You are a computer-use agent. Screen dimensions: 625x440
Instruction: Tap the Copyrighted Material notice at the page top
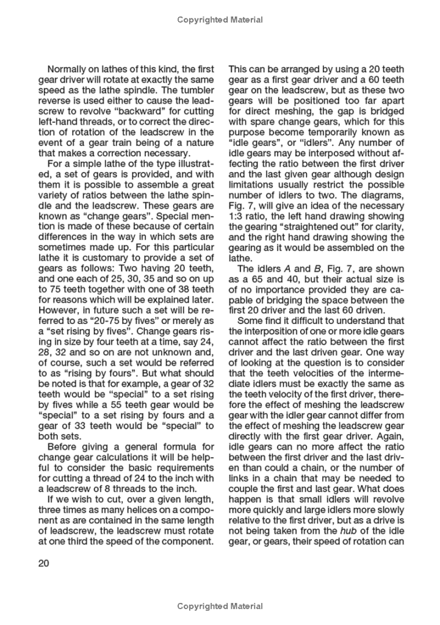click(x=220, y=20)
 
